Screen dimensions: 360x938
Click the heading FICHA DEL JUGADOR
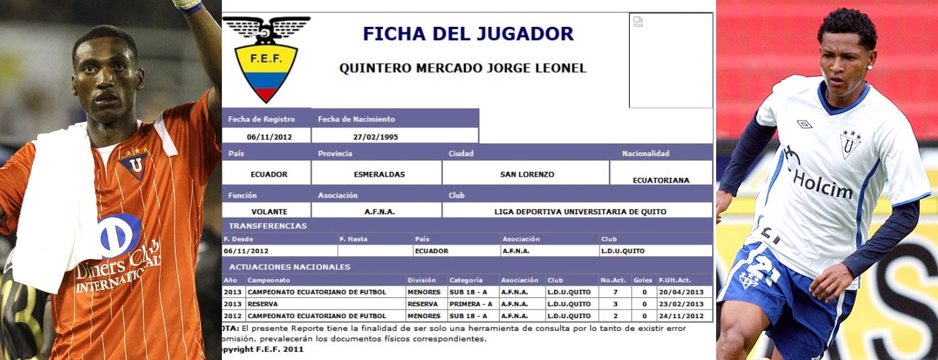[x=468, y=34]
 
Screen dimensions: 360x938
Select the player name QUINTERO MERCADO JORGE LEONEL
[x=463, y=68]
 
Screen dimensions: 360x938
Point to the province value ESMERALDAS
[x=379, y=174]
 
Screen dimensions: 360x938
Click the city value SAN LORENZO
[x=527, y=174]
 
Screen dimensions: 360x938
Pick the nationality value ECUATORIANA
[x=661, y=180]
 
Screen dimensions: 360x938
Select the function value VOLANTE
[x=269, y=211]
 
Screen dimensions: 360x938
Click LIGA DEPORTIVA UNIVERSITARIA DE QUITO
[x=580, y=211]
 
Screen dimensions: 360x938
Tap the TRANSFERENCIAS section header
[x=268, y=226]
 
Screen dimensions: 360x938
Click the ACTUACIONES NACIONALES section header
[x=289, y=267]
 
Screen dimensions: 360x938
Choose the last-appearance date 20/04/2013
[x=680, y=292]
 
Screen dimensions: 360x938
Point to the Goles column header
[x=643, y=280]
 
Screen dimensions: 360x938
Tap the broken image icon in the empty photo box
[x=638, y=22]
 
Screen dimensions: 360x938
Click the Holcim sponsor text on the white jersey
[x=822, y=183]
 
